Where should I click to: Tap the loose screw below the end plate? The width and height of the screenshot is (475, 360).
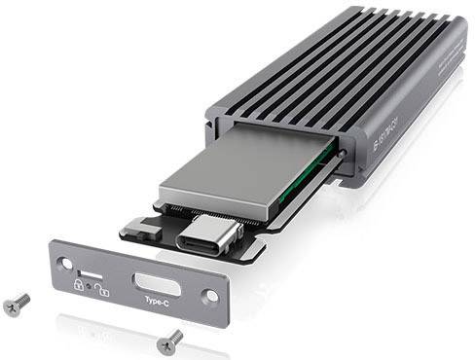pos(169,339)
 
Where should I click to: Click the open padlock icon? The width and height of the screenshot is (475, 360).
pos(100,289)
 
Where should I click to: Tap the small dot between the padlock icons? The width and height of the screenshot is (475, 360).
pos(89,286)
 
